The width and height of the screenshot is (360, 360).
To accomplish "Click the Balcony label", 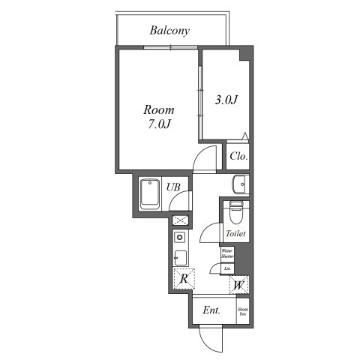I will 169,31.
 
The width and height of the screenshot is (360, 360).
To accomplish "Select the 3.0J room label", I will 226,100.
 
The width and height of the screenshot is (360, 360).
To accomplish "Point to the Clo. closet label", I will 238,157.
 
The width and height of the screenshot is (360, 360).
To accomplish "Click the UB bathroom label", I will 173,187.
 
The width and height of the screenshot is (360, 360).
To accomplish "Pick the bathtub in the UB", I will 150,194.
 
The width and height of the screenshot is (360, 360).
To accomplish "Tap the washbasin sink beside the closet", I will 240,184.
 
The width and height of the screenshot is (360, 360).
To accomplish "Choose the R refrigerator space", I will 183,280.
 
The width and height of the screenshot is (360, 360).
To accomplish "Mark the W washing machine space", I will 238,285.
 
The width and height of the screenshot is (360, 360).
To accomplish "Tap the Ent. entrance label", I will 211,310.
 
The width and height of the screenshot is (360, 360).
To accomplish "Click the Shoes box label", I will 243,310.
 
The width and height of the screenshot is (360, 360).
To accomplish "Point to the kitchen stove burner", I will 180,238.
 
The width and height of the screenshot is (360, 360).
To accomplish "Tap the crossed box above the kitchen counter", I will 180,220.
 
